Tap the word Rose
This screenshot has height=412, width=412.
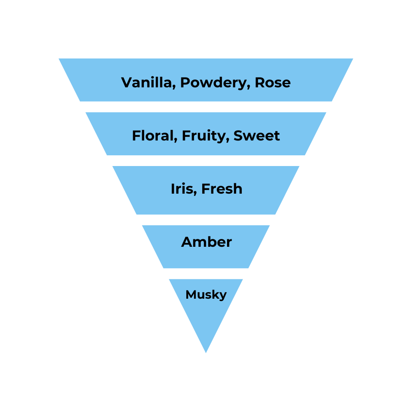(272, 83)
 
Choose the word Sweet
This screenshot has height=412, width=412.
(257, 136)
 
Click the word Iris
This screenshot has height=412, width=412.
(180, 189)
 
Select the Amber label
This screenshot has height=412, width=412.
(206, 242)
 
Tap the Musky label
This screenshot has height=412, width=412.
(206, 295)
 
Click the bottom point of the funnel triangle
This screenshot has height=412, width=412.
(206, 352)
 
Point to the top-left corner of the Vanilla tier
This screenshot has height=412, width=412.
(59, 59)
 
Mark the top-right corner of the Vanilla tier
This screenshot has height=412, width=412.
(352, 59)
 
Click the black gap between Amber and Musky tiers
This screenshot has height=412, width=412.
(206, 274)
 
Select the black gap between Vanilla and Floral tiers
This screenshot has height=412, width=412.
(206, 107)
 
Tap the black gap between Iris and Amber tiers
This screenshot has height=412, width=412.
(206, 220)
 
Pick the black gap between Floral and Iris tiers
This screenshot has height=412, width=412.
(206, 161)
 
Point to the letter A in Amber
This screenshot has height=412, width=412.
(187, 242)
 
